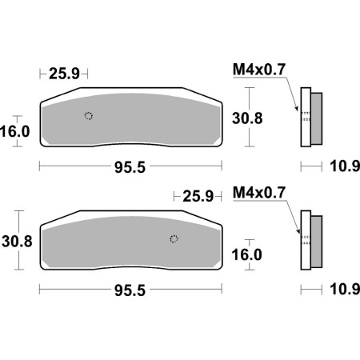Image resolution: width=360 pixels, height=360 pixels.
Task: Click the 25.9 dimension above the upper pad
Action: (x=64, y=74)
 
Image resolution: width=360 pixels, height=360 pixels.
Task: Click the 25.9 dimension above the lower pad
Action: (x=198, y=197)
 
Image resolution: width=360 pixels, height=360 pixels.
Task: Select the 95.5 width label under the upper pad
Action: (x=130, y=167)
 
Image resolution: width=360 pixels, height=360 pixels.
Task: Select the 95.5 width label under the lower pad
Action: (x=130, y=290)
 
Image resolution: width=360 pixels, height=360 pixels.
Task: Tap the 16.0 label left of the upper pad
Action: (x=15, y=131)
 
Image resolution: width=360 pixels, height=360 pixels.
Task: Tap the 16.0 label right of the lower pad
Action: (x=247, y=254)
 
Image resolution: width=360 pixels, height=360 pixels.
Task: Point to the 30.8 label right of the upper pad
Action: (x=247, y=118)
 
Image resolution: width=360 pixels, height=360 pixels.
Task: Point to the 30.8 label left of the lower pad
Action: (x=17, y=242)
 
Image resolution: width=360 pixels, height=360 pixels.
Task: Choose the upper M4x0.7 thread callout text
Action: (x=259, y=70)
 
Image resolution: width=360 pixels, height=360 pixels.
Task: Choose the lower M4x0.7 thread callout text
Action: (x=259, y=192)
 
